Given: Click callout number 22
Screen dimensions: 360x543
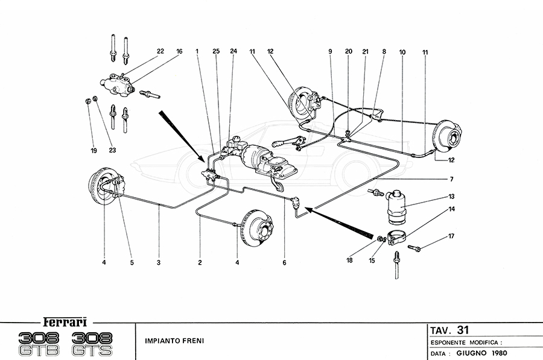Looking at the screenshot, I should [160, 52].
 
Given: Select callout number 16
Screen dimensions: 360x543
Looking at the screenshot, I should [179, 52].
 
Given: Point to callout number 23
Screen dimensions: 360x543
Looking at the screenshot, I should [112, 150].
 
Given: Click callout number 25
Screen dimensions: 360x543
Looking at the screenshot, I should [216, 52].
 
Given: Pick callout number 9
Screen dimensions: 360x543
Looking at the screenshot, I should [331, 52].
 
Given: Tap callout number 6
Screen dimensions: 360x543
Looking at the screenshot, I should [284, 263].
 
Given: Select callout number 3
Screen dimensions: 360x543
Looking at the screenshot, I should [159, 263].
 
